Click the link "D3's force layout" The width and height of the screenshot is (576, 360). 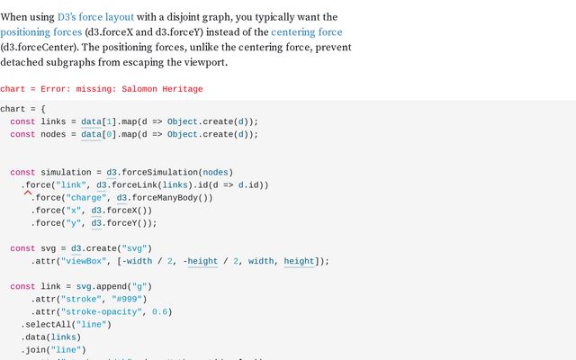97,17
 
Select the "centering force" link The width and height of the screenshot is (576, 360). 301,32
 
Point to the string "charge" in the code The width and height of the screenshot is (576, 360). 87,197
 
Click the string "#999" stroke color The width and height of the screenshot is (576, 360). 129,299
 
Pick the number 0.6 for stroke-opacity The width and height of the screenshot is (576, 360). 161,311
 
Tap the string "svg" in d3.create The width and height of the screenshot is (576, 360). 137,248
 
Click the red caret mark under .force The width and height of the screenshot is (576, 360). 28,193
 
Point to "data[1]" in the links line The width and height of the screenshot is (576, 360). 97,121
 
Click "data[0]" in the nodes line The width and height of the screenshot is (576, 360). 97,134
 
